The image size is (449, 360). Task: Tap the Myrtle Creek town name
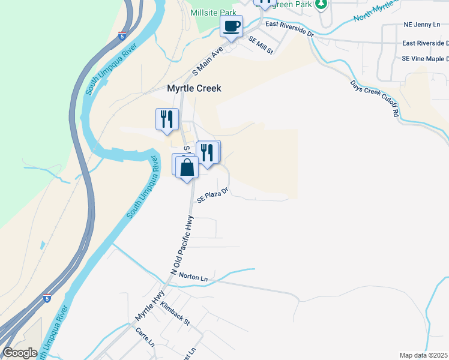click(194, 88)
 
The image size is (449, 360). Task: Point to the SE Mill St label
click(261, 46)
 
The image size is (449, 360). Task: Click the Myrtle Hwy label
click(150, 306)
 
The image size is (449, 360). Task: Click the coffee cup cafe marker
click(231, 27)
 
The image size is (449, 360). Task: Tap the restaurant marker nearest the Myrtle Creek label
click(166, 119)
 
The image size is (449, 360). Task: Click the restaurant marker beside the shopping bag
click(208, 152)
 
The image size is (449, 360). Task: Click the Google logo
click(20, 352)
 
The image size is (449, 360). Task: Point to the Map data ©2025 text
click(423, 355)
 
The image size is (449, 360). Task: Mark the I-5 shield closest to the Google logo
click(47, 298)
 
